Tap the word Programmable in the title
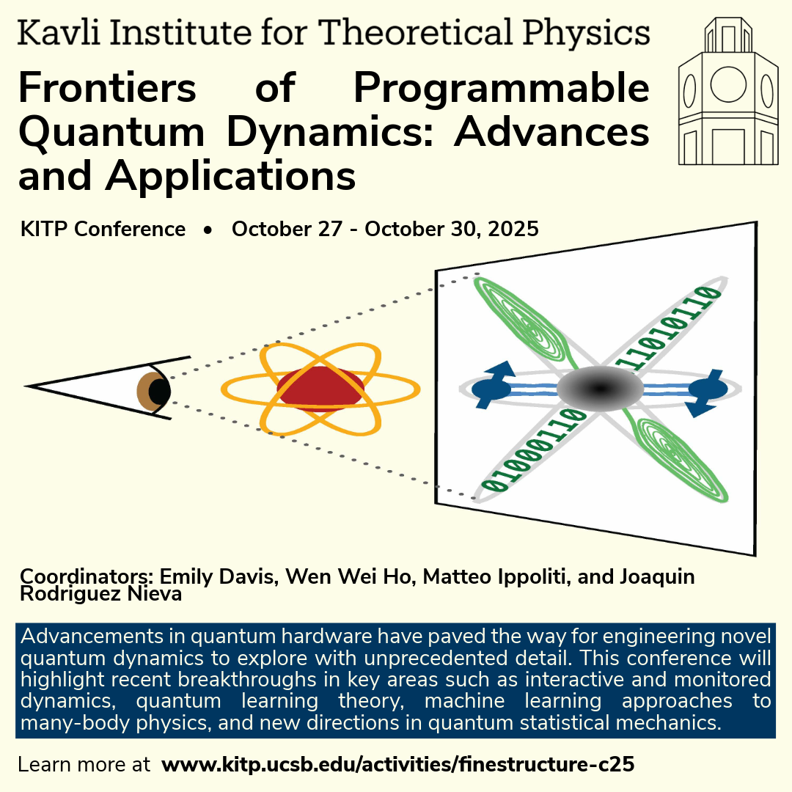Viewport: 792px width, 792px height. pos(501,88)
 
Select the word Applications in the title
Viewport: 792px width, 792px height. pos(230,176)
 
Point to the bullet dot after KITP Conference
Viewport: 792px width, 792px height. pos(208,230)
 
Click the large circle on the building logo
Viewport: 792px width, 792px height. pos(728,84)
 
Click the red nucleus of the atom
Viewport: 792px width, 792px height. pos(320,388)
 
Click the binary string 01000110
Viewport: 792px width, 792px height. pos(534,450)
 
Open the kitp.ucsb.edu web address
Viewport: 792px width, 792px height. pos(398,764)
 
